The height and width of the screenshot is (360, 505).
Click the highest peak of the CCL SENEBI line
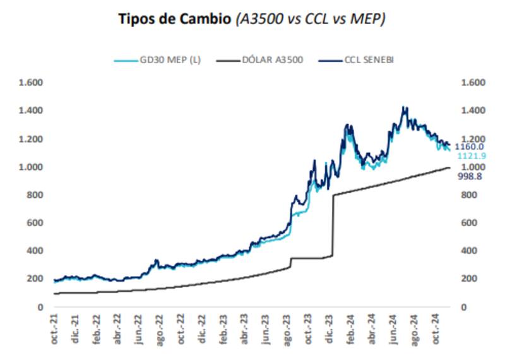(404, 108)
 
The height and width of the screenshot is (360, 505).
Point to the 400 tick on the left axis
(34, 251)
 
